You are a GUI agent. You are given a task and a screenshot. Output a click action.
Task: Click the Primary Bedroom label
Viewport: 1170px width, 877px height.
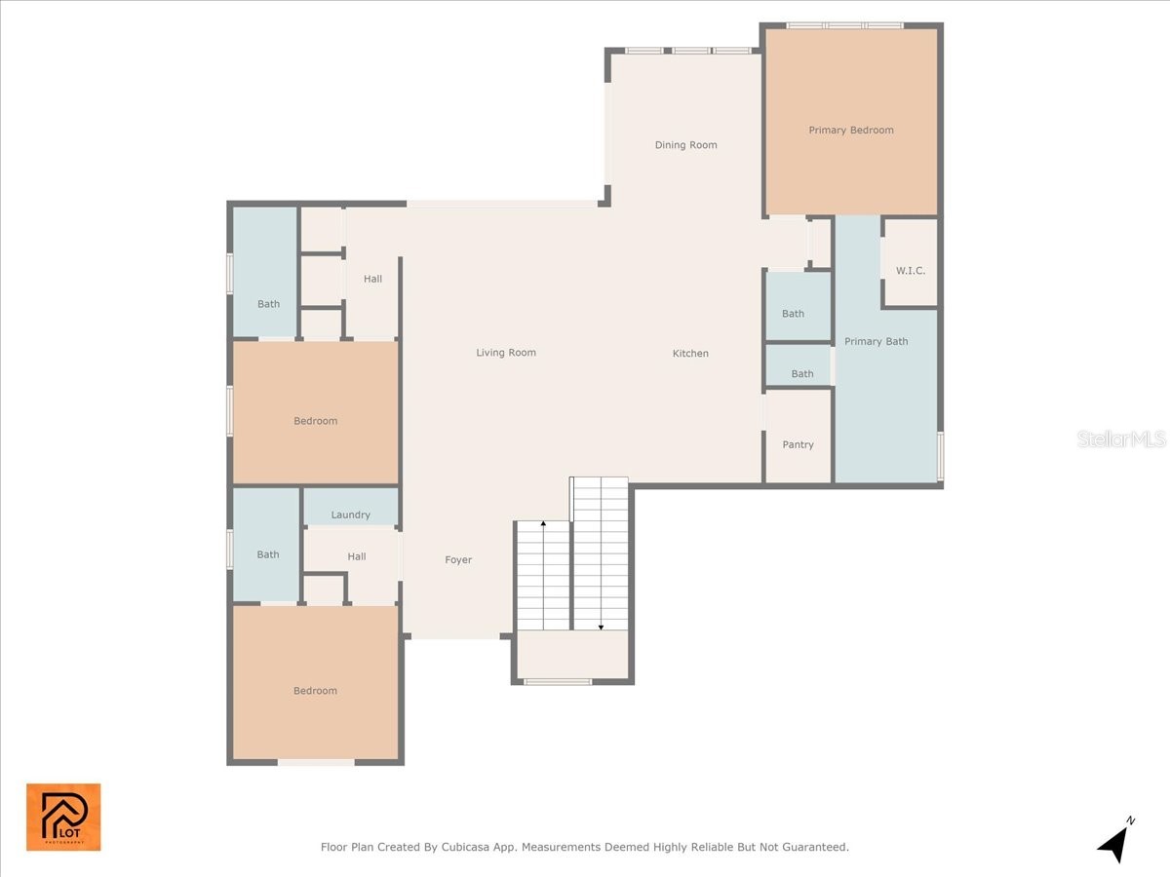point(850,131)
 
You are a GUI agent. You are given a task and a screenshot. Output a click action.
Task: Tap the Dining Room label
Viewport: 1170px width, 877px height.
point(685,145)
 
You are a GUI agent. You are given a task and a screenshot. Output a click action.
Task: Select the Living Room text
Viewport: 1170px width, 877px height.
point(506,353)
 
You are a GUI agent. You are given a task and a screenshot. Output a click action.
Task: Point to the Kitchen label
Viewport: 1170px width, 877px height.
point(690,354)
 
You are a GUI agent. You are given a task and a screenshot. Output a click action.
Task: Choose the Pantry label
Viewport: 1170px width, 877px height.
point(798,445)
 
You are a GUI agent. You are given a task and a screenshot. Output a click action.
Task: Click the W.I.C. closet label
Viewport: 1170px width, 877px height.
point(910,271)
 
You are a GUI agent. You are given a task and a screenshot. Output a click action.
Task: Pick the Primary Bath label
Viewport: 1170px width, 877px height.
point(876,342)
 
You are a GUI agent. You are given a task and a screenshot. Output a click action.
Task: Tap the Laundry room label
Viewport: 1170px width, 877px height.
point(350,515)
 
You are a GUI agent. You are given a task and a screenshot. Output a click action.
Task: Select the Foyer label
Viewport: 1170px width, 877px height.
point(458,560)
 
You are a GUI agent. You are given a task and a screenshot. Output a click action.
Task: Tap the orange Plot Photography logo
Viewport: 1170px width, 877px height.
point(63,817)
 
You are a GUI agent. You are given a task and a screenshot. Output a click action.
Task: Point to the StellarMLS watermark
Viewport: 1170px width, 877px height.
point(1121,439)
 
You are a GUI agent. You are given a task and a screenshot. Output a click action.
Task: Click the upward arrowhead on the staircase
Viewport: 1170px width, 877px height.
point(543,525)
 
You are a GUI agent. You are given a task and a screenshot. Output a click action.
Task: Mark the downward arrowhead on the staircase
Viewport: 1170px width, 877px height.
point(601,626)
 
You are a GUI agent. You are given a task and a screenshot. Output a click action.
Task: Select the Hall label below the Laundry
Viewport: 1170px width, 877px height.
point(357,557)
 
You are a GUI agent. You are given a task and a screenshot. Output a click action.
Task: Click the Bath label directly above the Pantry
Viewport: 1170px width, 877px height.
point(801,374)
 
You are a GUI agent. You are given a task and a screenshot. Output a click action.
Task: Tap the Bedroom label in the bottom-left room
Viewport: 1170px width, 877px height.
point(315,691)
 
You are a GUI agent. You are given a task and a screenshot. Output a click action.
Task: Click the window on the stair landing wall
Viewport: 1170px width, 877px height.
point(558,682)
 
